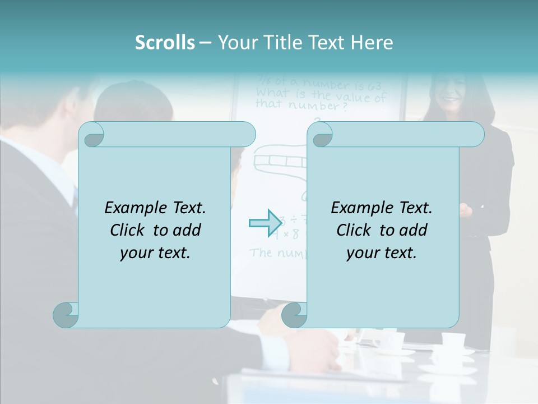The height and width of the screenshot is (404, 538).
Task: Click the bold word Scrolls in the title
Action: click(x=165, y=43)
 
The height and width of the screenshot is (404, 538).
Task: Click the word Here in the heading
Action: click(x=372, y=43)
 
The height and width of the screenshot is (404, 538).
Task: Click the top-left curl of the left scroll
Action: click(x=92, y=135)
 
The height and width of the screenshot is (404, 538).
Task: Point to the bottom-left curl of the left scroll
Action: click(x=66, y=315)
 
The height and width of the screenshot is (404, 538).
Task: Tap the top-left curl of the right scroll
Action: click(x=321, y=135)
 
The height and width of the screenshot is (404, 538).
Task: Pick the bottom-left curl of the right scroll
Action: click(x=294, y=315)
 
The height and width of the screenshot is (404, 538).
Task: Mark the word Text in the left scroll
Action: click(x=188, y=208)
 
